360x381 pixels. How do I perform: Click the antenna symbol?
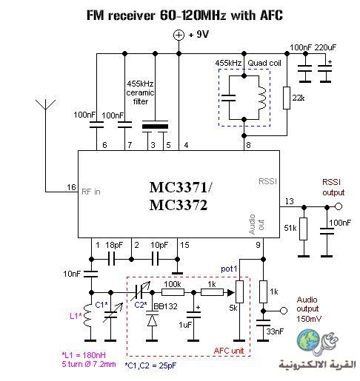(x=45, y=104)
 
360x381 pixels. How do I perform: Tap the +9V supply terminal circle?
(x=179, y=35)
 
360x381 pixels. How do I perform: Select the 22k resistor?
(x=287, y=98)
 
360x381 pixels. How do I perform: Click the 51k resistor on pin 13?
(x=304, y=229)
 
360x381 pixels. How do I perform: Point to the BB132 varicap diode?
(x=152, y=319)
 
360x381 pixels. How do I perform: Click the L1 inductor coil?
(x=88, y=316)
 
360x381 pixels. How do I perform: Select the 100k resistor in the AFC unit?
(x=173, y=292)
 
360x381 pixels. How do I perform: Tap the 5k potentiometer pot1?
(x=239, y=291)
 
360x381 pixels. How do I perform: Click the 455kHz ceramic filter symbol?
(x=155, y=127)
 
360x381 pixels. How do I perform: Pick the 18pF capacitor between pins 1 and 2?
(x=112, y=259)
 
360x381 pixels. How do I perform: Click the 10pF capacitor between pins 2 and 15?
(x=155, y=259)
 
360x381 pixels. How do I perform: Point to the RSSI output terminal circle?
(x=339, y=206)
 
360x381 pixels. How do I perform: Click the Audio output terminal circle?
(x=284, y=311)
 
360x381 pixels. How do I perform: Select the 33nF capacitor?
(x=263, y=323)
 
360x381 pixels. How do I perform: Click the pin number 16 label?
(x=71, y=187)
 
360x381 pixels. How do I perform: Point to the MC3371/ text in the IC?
(x=181, y=187)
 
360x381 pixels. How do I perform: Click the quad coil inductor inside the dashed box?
(x=261, y=98)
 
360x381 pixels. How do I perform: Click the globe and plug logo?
(x=317, y=342)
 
